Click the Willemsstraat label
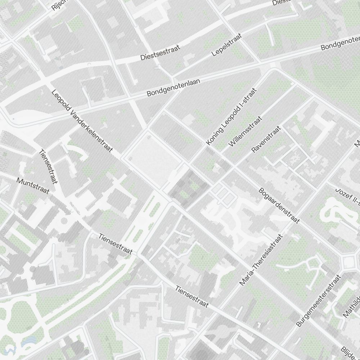[x=246, y=131]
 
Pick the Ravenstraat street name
[x=266, y=139]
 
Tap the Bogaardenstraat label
[x=279, y=205]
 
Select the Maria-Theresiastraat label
[x=261, y=260]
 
